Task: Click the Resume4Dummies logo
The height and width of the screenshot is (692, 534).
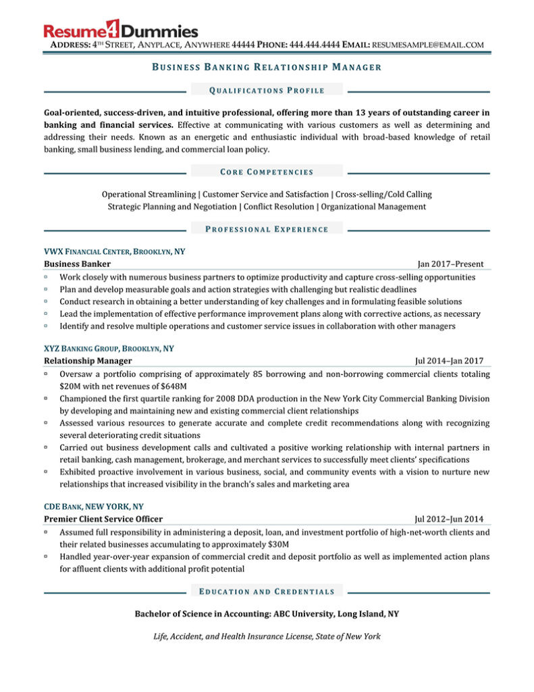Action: point(121,30)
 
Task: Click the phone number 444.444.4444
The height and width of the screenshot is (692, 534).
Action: point(315,45)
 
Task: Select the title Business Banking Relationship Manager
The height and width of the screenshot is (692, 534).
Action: point(267,67)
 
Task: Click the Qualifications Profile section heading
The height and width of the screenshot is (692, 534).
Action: point(267,90)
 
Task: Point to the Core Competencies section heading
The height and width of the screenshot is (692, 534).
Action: point(267,172)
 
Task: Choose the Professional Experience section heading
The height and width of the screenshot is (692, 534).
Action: point(267,229)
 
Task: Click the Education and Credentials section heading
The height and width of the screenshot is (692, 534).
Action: point(267,591)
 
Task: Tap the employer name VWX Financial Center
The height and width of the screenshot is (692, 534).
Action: point(87,251)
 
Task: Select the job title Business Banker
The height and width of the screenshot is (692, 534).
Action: point(77,264)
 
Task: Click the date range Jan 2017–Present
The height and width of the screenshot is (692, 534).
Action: point(450,264)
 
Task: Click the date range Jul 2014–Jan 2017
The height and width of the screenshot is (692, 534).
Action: point(449,362)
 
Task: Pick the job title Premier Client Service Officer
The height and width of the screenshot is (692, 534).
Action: point(103,519)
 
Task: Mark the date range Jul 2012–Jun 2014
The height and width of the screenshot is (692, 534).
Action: point(449,519)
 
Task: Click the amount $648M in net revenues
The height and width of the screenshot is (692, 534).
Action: point(157,386)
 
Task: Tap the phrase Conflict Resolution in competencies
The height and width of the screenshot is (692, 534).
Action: point(279,207)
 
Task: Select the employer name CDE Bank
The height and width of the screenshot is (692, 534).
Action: point(66,506)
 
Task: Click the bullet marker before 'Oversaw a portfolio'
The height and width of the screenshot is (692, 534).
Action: point(46,374)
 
